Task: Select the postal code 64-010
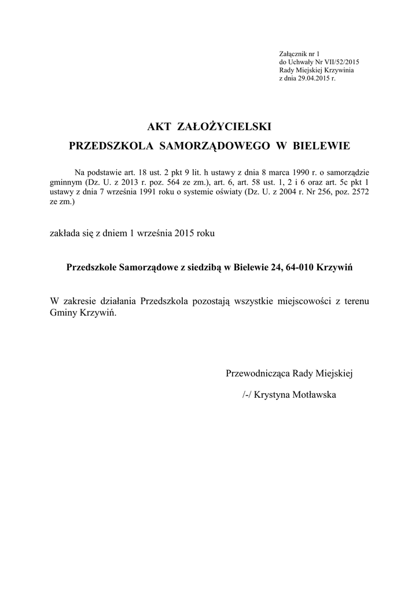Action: pyautogui.click(x=301, y=268)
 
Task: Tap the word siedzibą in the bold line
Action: pyautogui.click(x=205, y=268)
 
